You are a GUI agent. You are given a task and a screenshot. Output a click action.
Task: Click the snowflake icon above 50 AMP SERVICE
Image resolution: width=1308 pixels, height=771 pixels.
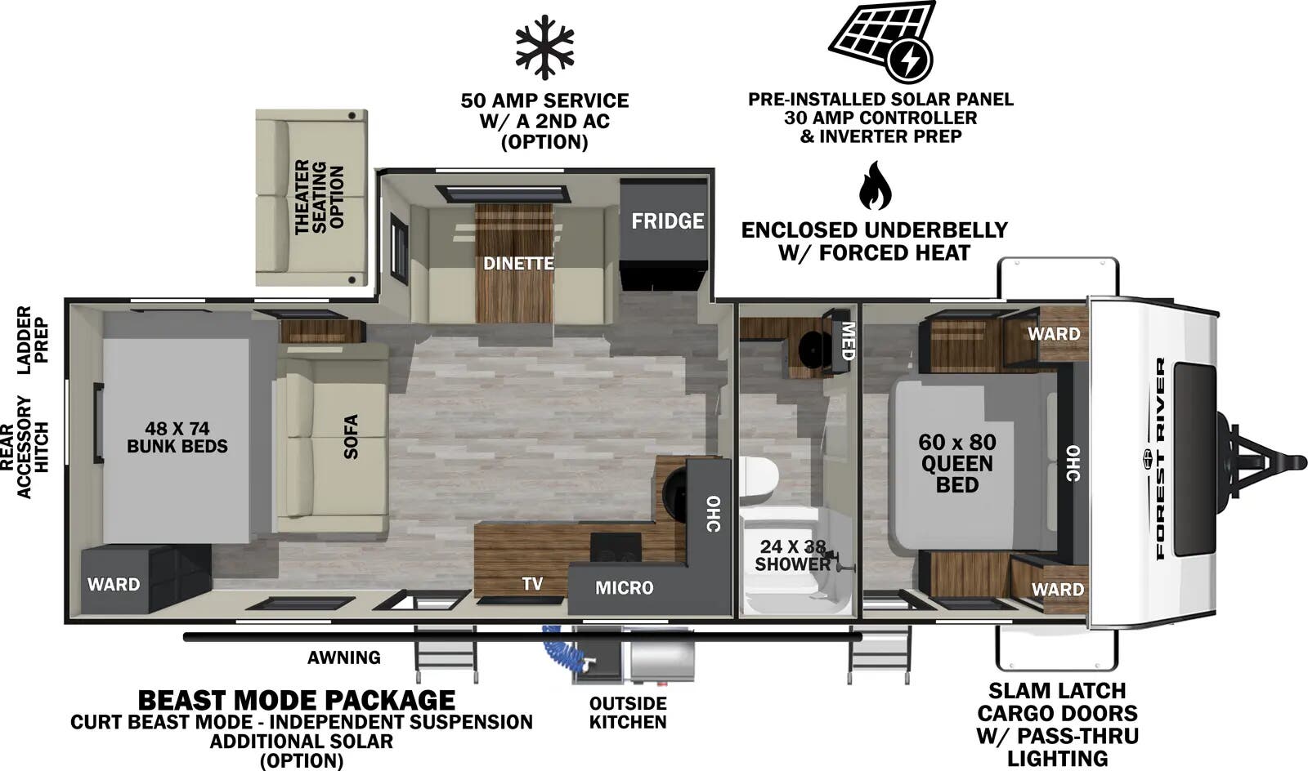point(544,47)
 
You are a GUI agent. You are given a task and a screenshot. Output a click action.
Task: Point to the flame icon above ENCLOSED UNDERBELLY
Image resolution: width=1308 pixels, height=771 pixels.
point(876,185)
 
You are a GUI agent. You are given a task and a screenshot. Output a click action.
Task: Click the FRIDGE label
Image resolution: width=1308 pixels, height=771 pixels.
point(667,221)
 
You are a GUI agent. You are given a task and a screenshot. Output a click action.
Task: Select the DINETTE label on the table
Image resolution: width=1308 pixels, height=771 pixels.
point(518,264)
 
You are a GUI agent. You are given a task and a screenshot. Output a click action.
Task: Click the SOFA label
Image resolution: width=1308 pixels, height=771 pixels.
point(351,437)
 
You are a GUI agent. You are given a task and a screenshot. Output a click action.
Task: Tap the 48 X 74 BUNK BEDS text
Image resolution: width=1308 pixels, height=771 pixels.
point(177,438)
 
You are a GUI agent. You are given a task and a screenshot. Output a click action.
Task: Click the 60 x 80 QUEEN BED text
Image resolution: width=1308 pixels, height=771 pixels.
point(957,463)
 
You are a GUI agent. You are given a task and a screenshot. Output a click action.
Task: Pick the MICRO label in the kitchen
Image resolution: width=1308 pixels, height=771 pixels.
point(625,588)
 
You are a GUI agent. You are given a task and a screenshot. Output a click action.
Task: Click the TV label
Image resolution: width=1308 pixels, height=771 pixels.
point(532,583)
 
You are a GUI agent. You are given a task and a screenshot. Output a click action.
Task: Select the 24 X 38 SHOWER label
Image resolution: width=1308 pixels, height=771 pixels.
point(792,555)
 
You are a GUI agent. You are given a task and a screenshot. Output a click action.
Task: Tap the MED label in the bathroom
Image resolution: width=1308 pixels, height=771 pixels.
point(848,341)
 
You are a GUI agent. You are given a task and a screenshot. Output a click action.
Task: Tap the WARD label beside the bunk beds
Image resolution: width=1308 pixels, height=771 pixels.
point(114,584)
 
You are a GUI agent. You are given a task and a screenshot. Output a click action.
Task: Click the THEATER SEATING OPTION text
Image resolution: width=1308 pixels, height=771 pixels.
point(320,197)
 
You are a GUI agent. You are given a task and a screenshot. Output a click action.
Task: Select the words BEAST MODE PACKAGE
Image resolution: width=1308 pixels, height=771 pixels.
point(297,700)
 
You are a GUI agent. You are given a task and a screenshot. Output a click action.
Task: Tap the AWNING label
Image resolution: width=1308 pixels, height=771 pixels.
point(344,657)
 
